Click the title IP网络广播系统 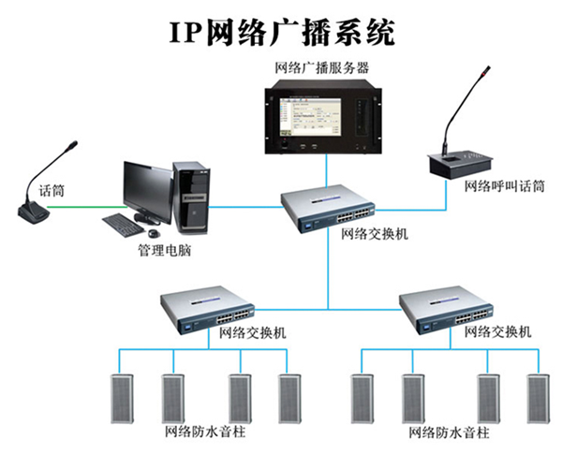[282, 31]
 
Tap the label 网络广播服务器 [322, 67]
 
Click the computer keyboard [127, 224]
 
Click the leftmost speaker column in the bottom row [117, 399]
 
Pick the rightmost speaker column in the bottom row [536, 399]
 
